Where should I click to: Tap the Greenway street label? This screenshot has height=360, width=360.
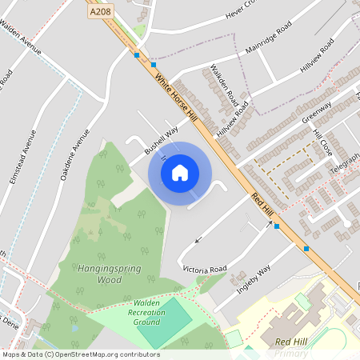click(x=316, y=112)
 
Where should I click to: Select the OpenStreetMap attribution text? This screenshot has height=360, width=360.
click(x=80, y=354)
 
